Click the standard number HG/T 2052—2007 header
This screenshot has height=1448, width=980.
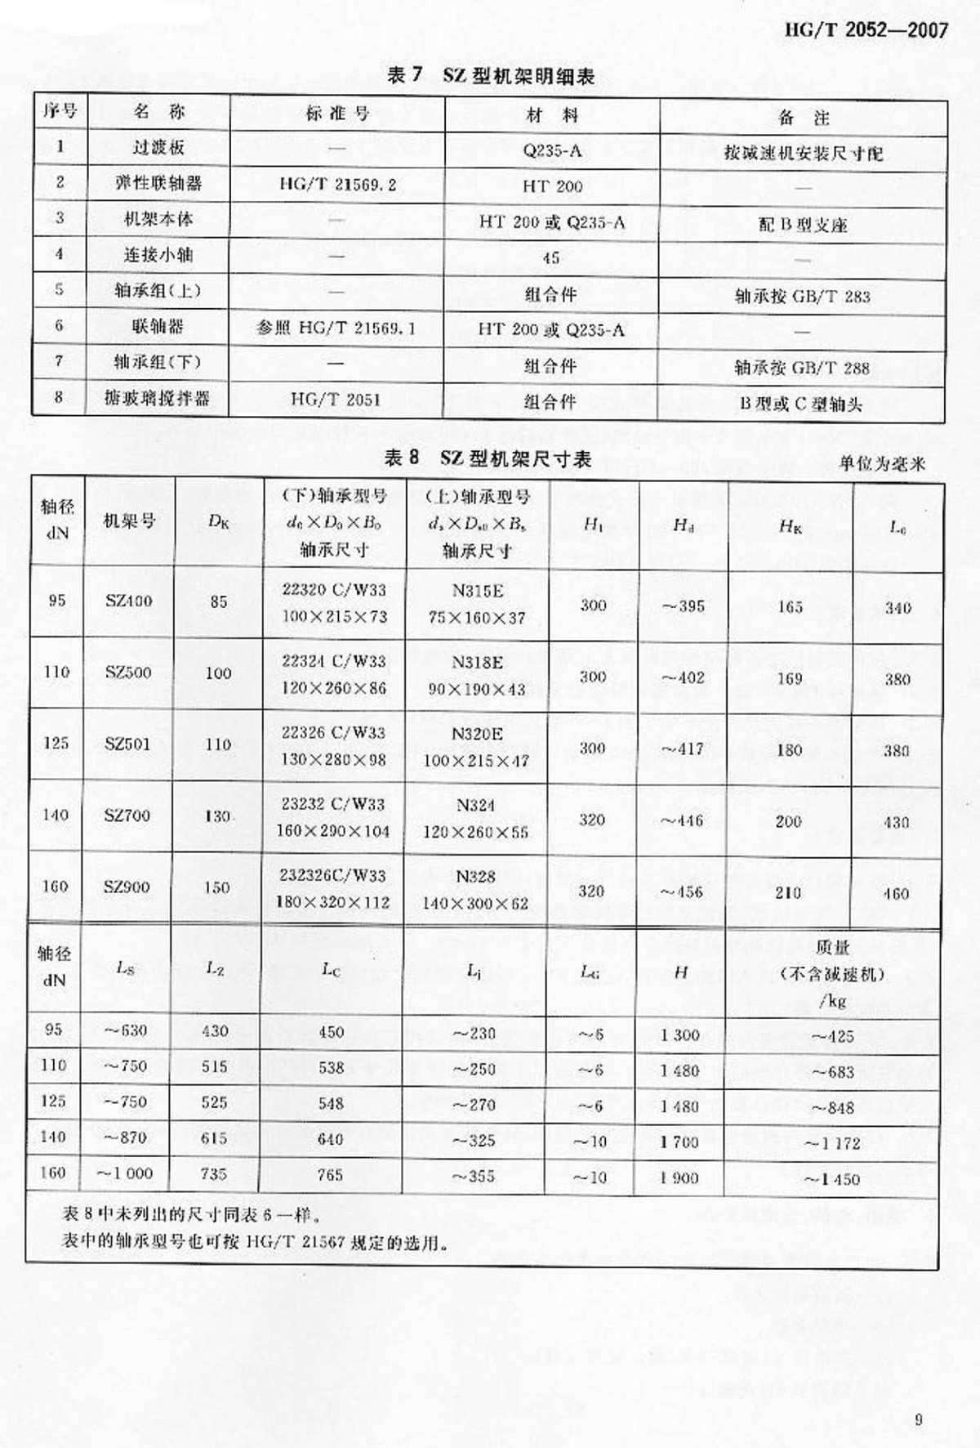[x=866, y=30]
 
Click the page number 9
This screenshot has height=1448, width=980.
[x=919, y=1419]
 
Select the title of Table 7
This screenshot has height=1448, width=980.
[x=490, y=76]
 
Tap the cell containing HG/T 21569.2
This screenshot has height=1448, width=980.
[x=337, y=185]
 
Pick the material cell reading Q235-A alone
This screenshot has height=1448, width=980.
[x=552, y=150]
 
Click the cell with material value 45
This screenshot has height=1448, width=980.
[x=551, y=257]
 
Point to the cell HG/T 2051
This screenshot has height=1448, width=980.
[x=336, y=400]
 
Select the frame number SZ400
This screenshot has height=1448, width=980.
[x=128, y=601]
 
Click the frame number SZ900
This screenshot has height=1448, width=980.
[x=127, y=887]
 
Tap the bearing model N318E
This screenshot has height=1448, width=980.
[x=478, y=662]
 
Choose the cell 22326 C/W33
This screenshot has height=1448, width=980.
[x=333, y=732]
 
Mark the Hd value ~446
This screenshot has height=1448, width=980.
[x=682, y=821]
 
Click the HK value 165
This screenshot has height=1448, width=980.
[x=790, y=607]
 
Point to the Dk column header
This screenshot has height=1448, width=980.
[x=218, y=521]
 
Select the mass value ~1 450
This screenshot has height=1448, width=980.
[x=831, y=1179]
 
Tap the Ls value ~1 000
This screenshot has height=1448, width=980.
[x=125, y=1173]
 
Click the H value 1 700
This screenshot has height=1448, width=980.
[x=679, y=1142]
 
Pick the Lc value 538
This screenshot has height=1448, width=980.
[x=331, y=1067]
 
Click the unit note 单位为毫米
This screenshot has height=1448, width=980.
[x=882, y=463]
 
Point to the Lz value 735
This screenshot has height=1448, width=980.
[x=214, y=1173]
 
